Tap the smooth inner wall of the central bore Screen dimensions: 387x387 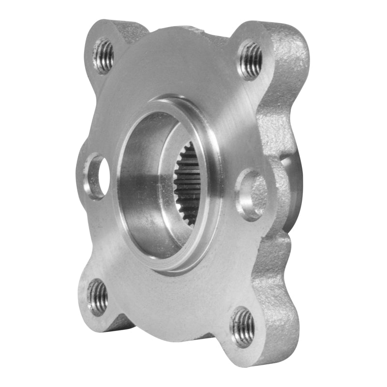pyautogui.click(x=140, y=184)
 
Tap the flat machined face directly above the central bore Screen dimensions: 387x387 pyautogui.click(x=174, y=73)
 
